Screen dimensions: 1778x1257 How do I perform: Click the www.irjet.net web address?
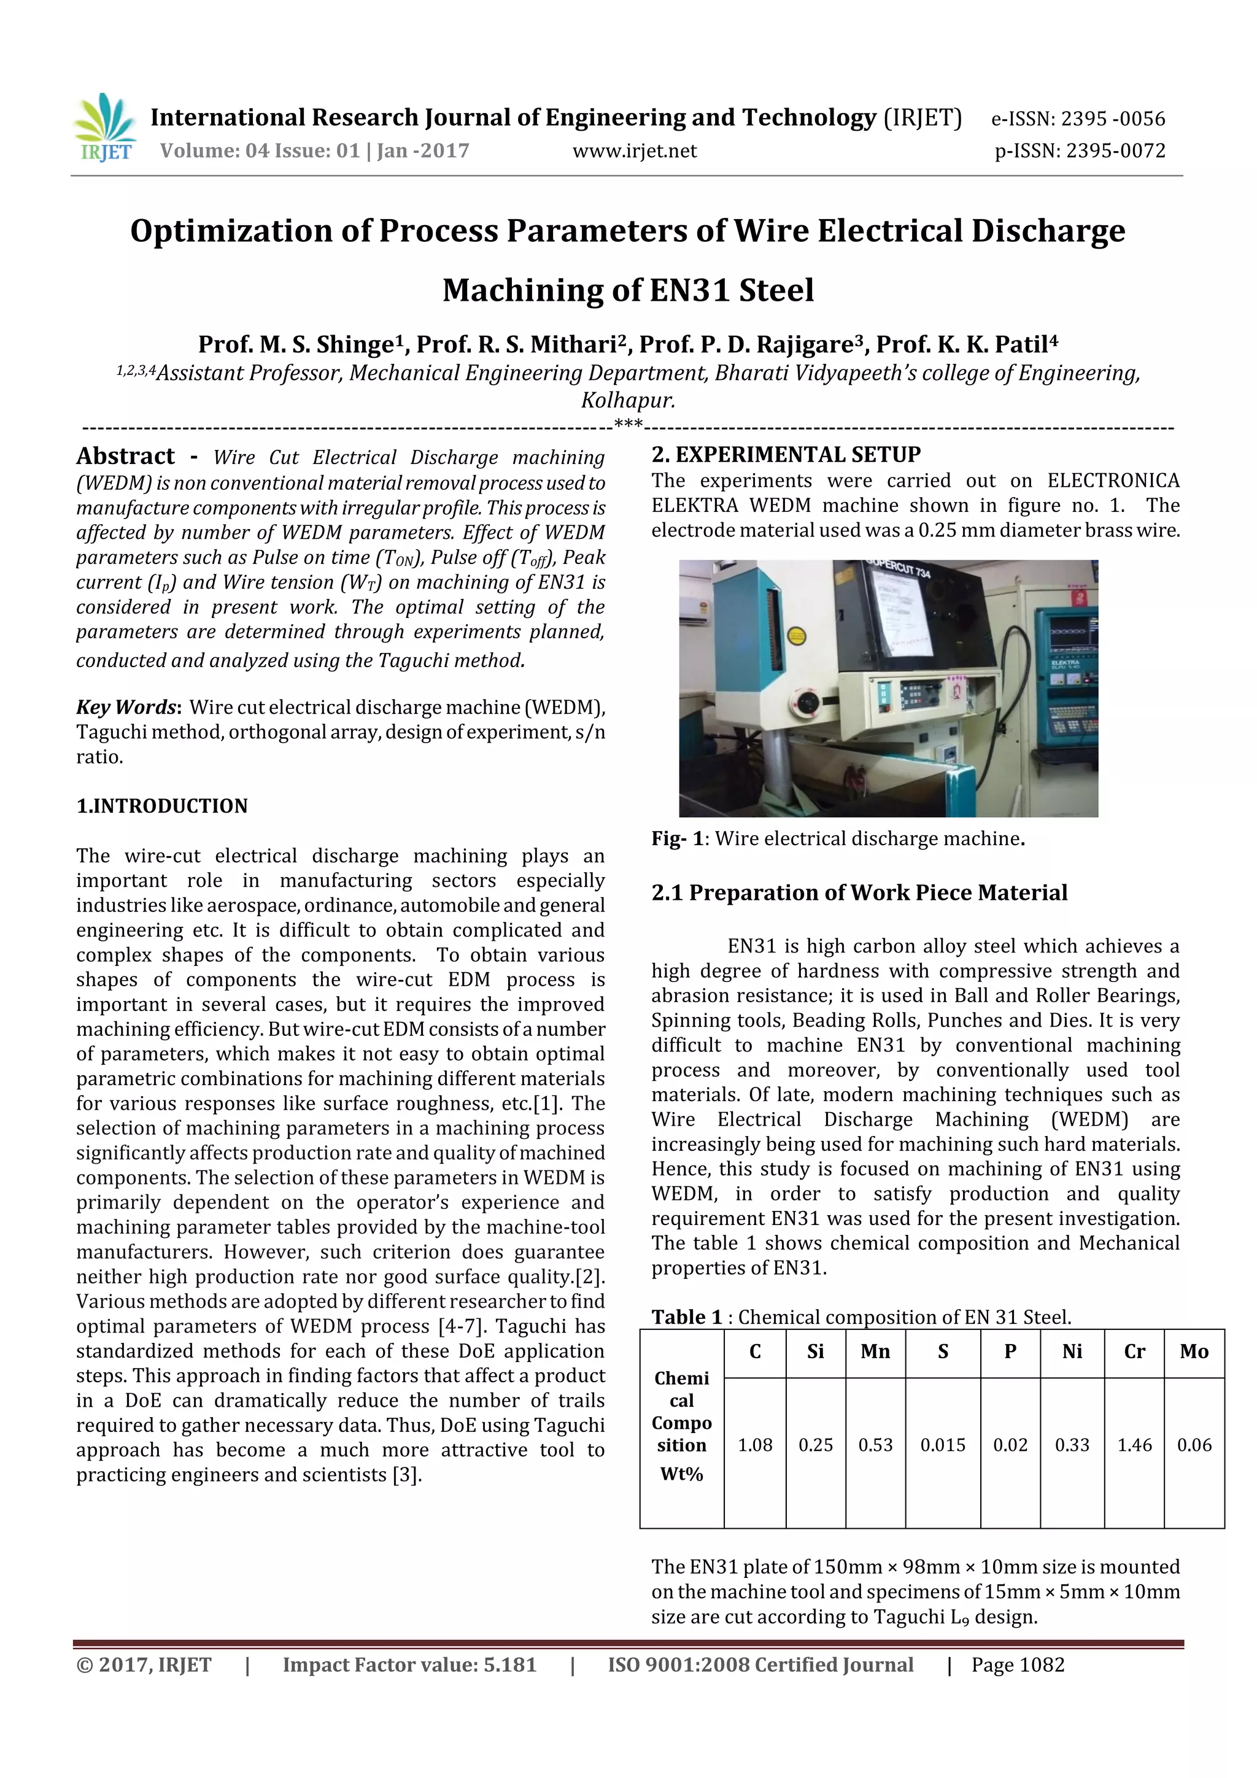click(634, 151)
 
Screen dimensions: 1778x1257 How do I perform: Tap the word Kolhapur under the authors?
click(628, 400)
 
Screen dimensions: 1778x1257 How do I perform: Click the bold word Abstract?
click(125, 456)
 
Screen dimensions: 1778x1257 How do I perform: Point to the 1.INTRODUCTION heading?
click(162, 806)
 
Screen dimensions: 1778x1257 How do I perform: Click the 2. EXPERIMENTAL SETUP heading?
click(786, 455)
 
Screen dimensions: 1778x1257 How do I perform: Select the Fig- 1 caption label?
click(677, 838)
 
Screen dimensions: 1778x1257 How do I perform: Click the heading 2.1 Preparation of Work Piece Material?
click(859, 893)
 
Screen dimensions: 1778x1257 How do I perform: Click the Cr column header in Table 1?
click(1134, 1352)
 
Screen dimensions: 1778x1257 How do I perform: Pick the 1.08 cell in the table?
click(754, 1445)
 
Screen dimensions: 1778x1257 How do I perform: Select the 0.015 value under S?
click(943, 1445)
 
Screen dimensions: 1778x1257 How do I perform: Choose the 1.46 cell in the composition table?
click(1134, 1445)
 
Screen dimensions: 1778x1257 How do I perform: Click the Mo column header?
click(1194, 1352)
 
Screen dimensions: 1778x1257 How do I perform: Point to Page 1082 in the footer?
click(1018, 1665)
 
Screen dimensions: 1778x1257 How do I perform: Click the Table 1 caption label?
click(686, 1317)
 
